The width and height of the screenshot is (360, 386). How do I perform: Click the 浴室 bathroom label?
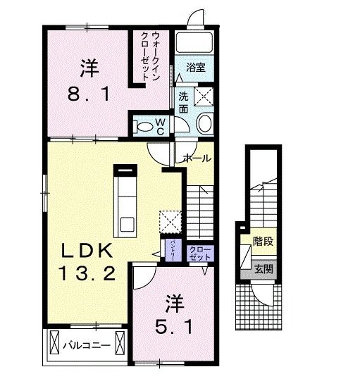point(195,68)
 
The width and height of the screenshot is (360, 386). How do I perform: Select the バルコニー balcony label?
point(85,347)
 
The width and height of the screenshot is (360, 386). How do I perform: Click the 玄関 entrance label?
point(263,268)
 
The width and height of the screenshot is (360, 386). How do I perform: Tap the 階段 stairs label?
point(263,242)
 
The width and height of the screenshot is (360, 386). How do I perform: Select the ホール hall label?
point(197,158)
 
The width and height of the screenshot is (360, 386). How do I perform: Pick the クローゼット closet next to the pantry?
point(199,251)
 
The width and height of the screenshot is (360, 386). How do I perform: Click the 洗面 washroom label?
point(183,103)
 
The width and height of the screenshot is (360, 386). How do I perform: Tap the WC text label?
point(160,127)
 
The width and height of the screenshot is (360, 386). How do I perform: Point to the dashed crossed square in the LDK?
point(170,221)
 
